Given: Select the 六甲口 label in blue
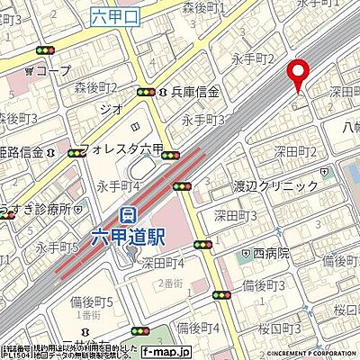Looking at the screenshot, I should [x=112, y=14].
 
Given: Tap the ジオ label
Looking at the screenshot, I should [x=111, y=105].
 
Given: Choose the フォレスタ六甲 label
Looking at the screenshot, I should [x=121, y=151].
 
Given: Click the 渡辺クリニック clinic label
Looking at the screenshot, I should [x=274, y=185].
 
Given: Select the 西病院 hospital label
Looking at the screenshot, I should [x=265, y=254].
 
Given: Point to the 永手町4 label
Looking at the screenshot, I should [x=116, y=185].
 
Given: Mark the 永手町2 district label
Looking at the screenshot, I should [x=253, y=59].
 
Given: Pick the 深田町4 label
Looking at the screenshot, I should [x=163, y=264].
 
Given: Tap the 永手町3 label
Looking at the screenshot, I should [x=202, y=119].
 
